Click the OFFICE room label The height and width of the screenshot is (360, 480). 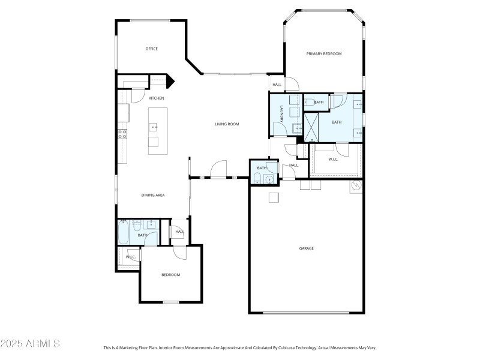pos(152,49)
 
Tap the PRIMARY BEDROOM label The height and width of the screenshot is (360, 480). pos(324,54)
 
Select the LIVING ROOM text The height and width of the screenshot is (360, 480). pos(227,124)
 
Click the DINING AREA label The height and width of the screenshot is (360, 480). pos(153,195)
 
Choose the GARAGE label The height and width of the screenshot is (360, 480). pos(307,248)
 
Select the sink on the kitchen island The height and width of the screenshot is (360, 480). pos(154,127)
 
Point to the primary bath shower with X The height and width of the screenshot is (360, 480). pos(312,127)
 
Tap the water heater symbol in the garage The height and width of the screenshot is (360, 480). pos(356,186)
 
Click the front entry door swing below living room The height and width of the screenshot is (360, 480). pos(217,169)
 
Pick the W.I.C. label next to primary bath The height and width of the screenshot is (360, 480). pos(334,159)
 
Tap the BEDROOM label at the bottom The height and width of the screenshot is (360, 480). pos(171,275)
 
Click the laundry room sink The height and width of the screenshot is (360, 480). pos(298,128)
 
